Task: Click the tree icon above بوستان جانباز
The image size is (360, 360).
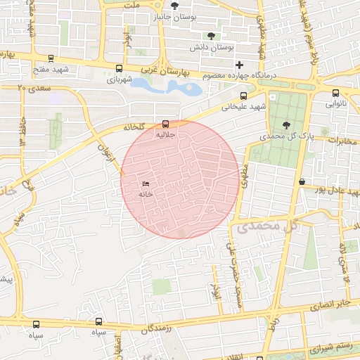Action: click(x=174, y=6)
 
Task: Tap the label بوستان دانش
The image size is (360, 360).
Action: click(x=211, y=48)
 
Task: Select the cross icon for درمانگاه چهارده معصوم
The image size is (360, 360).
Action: click(x=239, y=65)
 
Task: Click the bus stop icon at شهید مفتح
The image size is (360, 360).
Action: click(x=50, y=59)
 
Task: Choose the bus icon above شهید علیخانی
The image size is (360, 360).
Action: click(x=244, y=96)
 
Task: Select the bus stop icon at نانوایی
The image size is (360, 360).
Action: click(x=335, y=93)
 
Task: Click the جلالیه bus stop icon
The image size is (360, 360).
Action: click(x=166, y=123)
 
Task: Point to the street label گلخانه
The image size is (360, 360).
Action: click(x=134, y=127)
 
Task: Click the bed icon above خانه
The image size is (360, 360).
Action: click(x=146, y=184)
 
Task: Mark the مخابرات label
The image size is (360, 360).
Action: click(x=342, y=141)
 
